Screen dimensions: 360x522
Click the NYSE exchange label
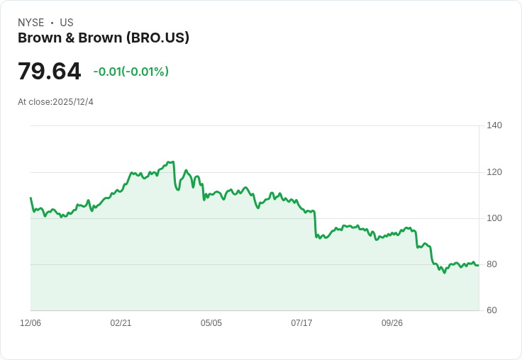(x=30, y=23)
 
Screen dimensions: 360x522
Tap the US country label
(x=67, y=23)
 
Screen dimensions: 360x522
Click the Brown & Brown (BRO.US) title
(x=104, y=38)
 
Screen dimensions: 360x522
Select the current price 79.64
(x=49, y=72)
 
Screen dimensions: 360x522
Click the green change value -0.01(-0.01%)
(x=130, y=72)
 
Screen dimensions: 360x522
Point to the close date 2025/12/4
(x=73, y=102)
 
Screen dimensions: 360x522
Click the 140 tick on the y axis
(x=494, y=125)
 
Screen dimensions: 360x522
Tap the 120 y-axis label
(x=494, y=172)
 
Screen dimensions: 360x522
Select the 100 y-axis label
(x=494, y=218)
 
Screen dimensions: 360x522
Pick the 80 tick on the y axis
(x=492, y=264)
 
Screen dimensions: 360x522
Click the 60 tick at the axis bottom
(x=492, y=310)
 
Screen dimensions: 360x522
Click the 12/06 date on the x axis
(x=30, y=323)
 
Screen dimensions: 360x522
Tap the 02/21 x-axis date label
(x=121, y=323)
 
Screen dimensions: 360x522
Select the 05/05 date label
(x=211, y=323)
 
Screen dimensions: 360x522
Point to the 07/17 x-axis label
(x=301, y=323)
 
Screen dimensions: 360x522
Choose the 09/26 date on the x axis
(x=392, y=323)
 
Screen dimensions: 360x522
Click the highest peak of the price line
(x=171, y=162)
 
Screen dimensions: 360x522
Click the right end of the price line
(x=478, y=265)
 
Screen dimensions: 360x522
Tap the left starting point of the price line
(x=30, y=198)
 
